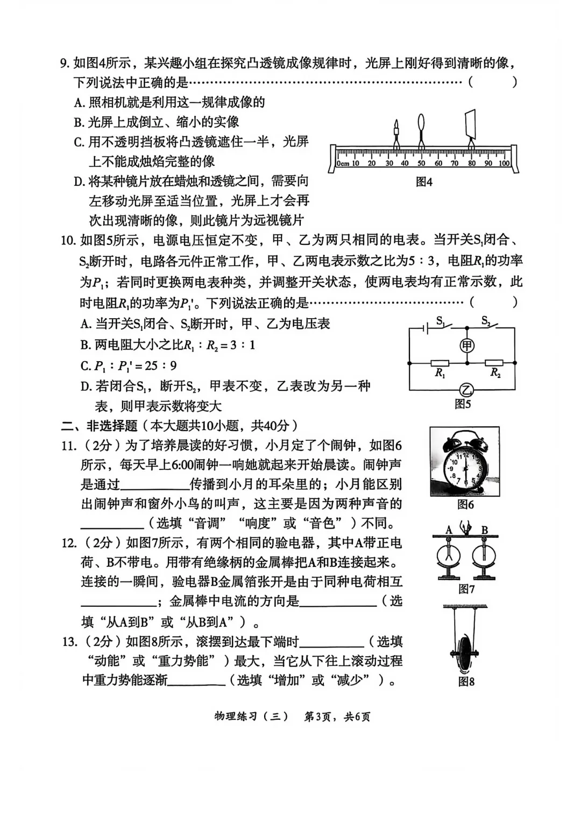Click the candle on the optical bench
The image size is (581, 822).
point(396,132)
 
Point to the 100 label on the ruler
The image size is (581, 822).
point(504,163)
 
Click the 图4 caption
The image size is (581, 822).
point(424,182)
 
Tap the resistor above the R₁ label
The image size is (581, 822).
point(440,363)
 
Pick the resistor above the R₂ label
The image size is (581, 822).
point(494,363)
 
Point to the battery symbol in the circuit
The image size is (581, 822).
point(426,327)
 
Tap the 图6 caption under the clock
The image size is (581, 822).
point(465,504)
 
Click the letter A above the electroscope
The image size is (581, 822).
point(449,530)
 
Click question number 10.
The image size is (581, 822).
point(68,241)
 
